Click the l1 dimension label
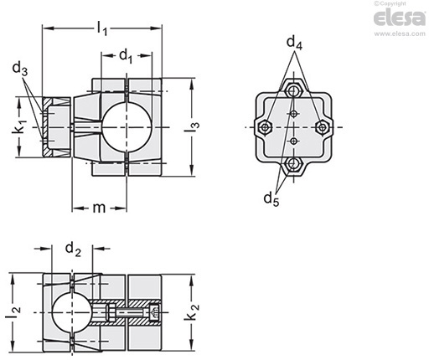pos(102,28)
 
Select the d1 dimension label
pos(126,56)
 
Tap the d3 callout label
pos(20,69)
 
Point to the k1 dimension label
pos(20,127)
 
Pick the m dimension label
pos(99,208)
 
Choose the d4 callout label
pos(294,44)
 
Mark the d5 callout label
pos(271,199)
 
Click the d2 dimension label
pos(73,249)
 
